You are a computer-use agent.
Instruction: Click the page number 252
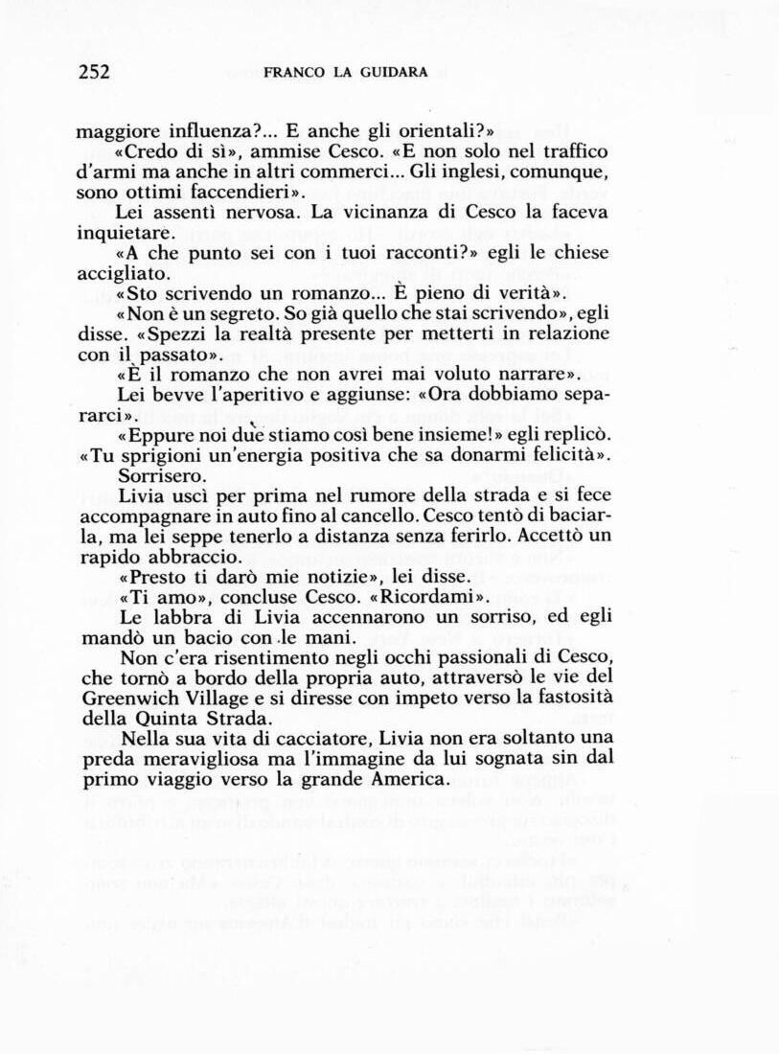coord(94,72)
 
